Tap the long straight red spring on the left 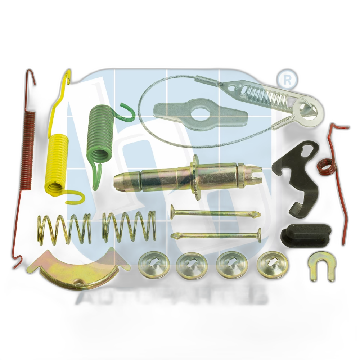click(28, 144)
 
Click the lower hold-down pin click(216, 235)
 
